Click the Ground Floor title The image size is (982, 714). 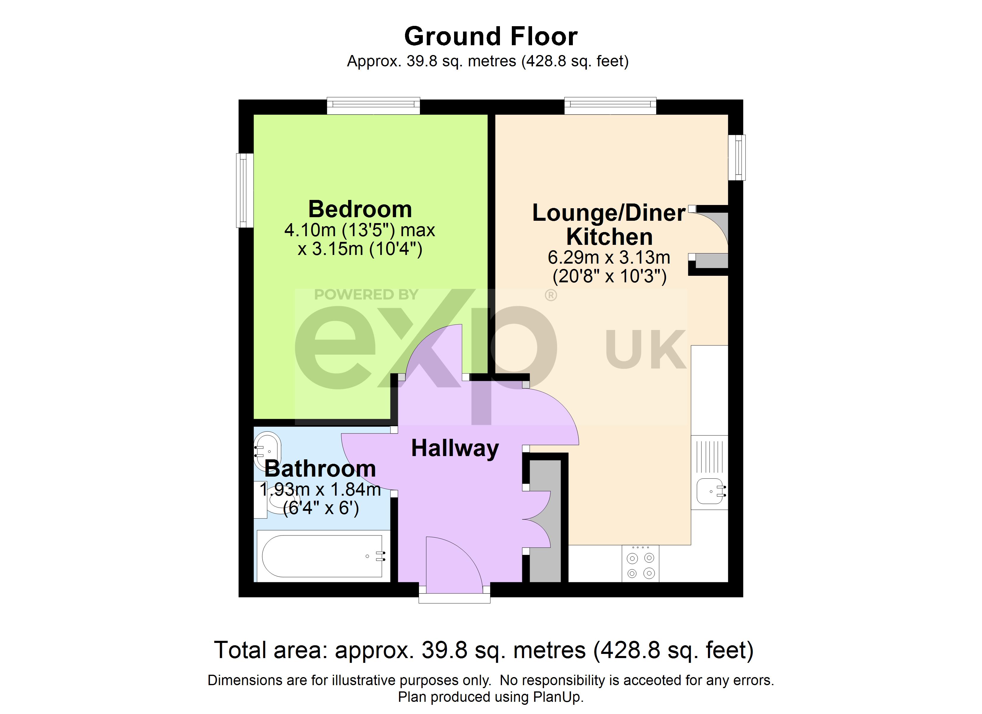coord(491,36)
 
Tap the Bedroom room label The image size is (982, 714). coord(360,209)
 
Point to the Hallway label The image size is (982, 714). coord(455,449)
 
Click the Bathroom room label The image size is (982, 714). coord(320,469)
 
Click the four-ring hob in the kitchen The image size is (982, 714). coord(640,563)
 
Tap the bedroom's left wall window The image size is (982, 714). coord(245,190)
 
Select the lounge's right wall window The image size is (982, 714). coord(737,158)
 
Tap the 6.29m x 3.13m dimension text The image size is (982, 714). coord(609,258)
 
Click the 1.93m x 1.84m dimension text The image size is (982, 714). coord(320,490)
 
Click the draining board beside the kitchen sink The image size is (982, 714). coord(710,457)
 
